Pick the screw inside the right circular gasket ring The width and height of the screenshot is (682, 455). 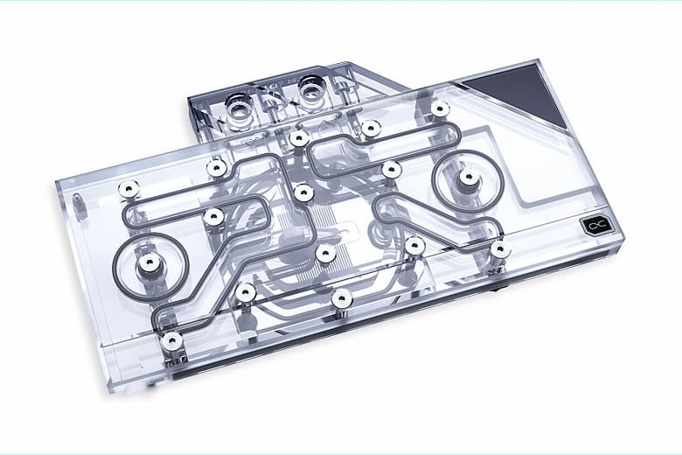tap(469, 178)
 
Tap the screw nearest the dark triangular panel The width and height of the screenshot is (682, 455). tap(439, 108)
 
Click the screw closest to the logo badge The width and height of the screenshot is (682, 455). tap(499, 250)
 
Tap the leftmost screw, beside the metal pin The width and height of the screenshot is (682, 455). tap(128, 188)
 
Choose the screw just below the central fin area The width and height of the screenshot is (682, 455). tap(325, 254)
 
